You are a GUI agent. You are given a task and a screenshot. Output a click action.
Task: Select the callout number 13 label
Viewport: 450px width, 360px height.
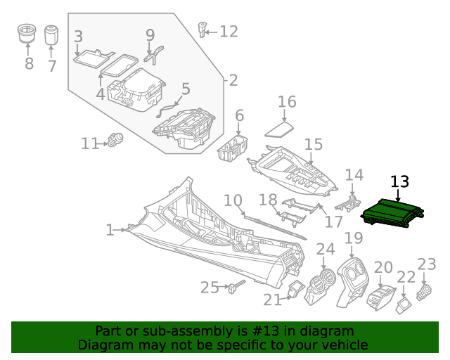click(x=399, y=182)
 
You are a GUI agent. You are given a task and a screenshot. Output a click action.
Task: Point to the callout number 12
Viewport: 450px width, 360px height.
click(x=229, y=32)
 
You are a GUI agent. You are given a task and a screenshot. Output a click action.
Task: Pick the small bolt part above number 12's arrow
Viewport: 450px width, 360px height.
click(x=204, y=29)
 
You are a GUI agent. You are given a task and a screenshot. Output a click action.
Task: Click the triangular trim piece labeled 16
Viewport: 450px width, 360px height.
click(x=281, y=128)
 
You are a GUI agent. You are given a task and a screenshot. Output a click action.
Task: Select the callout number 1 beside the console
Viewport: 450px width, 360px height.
click(x=110, y=230)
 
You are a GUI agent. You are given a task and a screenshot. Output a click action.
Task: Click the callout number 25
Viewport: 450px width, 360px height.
click(x=210, y=287)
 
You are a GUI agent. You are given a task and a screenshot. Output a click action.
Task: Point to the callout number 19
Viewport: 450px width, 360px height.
click(x=354, y=238)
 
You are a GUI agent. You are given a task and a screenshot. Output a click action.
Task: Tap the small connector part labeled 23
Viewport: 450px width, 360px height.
click(x=425, y=291)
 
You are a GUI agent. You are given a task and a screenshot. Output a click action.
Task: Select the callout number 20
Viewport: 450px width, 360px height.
click(x=383, y=267)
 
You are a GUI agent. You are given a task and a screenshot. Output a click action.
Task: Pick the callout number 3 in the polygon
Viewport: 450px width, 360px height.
click(x=78, y=37)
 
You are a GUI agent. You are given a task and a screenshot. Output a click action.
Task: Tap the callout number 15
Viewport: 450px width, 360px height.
click(x=313, y=144)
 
